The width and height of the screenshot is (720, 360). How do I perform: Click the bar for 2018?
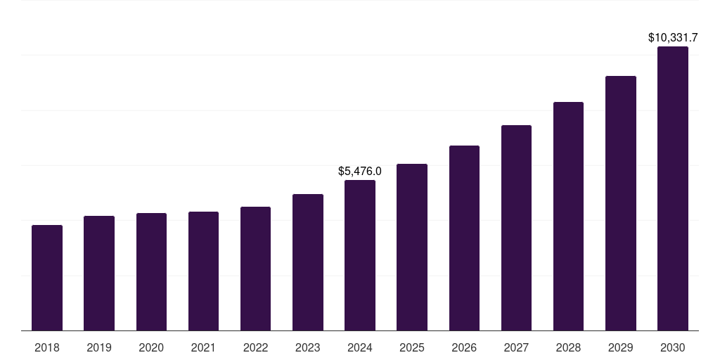click(47, 278)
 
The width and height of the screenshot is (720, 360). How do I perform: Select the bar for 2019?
click(99, 274)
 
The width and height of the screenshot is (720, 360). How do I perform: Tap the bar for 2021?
click(203, 271)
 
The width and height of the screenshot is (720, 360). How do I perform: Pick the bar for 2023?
click(308, 262)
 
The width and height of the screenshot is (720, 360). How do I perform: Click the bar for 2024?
click(360, 255)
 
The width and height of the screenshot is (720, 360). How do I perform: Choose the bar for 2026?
click(464, 238)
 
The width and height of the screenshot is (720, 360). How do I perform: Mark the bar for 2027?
click(516, 228)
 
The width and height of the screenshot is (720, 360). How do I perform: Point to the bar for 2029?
click(621, 203)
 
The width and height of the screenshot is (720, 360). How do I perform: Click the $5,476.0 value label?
click(360, 171)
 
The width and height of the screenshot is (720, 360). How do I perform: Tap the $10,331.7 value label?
click(673, 37)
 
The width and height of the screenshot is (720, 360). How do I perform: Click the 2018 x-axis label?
click(47, 347)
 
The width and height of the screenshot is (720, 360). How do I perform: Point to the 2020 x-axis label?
click(151, 347)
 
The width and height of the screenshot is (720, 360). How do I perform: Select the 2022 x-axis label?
click(256, 347)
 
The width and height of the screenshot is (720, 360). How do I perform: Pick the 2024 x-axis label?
click(360, 347)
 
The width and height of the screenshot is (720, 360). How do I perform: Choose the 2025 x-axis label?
click(412, 347)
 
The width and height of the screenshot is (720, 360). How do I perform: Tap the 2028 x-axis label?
click(568, 347)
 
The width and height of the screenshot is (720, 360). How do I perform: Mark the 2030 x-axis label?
click(673, 347)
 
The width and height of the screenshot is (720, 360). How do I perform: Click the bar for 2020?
click(151, 272)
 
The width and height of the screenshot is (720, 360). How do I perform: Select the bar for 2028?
click(568, 217)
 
